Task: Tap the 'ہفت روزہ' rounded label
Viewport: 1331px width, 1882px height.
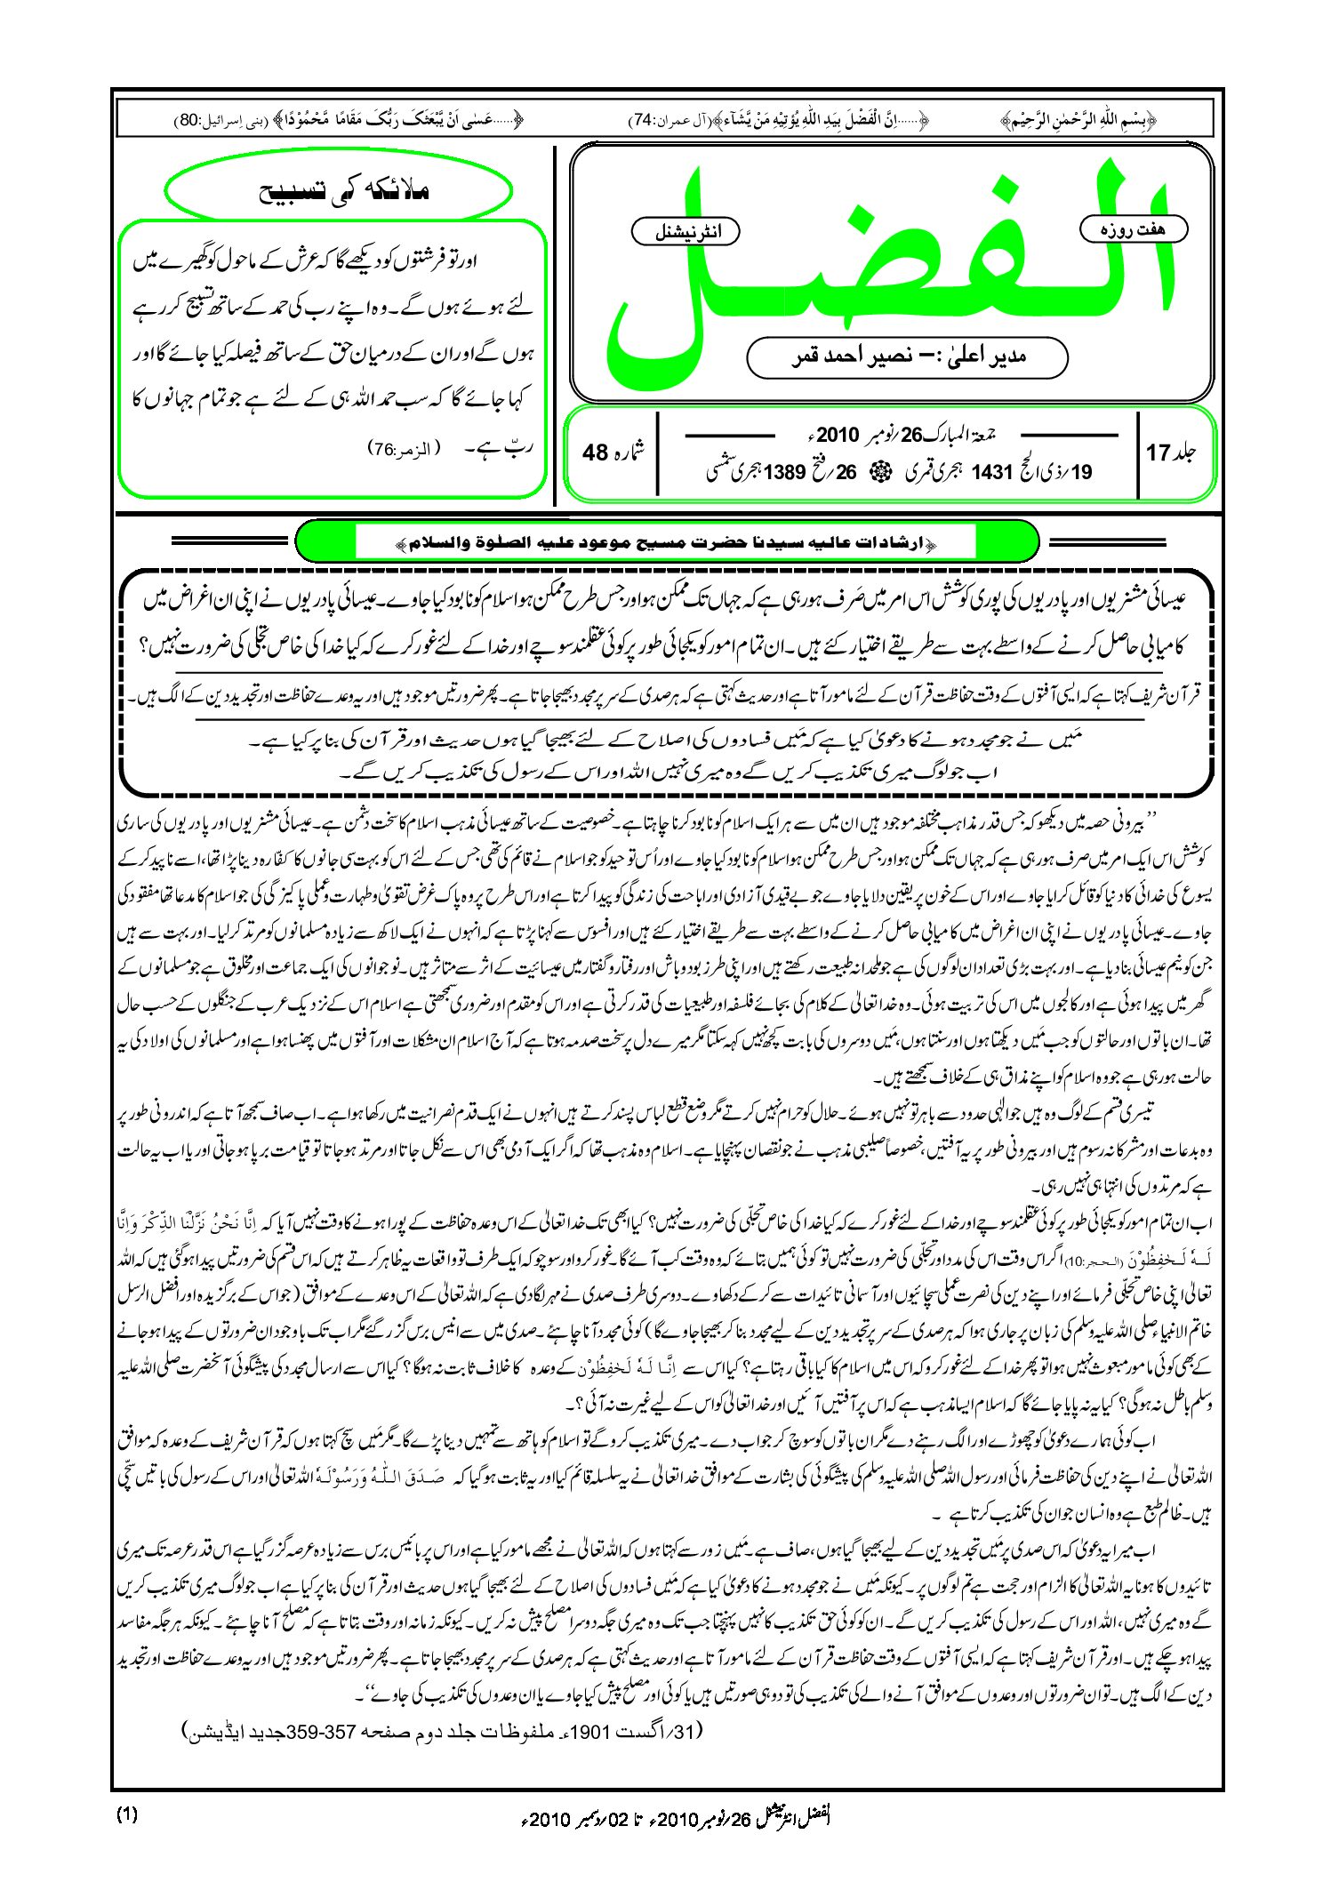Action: pos(1133,229)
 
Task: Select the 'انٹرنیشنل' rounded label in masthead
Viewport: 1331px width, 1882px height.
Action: pos(685,232)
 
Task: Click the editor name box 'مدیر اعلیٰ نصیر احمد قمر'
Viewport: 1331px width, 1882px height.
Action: pos(907,356)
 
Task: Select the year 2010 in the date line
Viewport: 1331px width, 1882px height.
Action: pos(838,436)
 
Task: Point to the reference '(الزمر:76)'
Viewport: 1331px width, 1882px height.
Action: pos(405,450)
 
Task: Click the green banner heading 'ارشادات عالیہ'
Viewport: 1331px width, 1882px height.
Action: pos(665,541)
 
